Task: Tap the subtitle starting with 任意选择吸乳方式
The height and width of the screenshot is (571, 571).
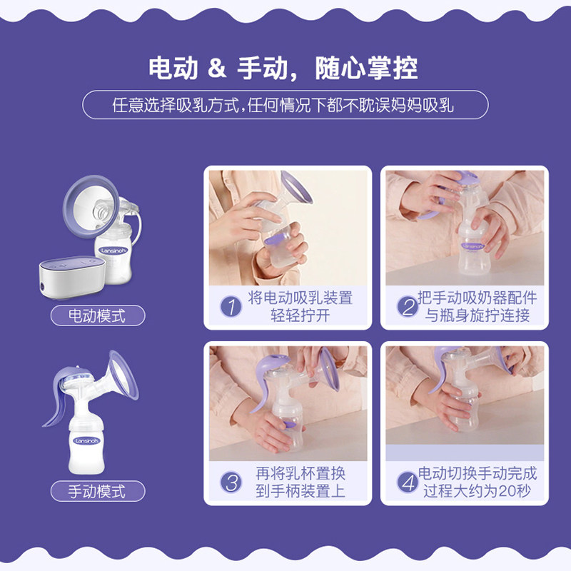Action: click(285, 106)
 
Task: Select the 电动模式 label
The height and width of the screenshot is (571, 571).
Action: click(97, 315)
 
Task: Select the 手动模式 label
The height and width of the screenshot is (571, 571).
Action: click(97, 491)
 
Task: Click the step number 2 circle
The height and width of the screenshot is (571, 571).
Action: click(407, 307)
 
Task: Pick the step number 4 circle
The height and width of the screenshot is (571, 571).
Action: click(407, 482)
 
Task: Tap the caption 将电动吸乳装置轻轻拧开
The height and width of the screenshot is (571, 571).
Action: click(300, 307)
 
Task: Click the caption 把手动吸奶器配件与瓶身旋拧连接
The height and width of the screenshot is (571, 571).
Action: click(477, 307)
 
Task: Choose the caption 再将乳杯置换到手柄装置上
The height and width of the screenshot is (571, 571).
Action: click(300, 482)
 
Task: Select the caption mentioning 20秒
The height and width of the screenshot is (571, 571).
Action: click(477, 482)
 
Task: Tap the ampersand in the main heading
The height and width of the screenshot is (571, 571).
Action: click(216, 68)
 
